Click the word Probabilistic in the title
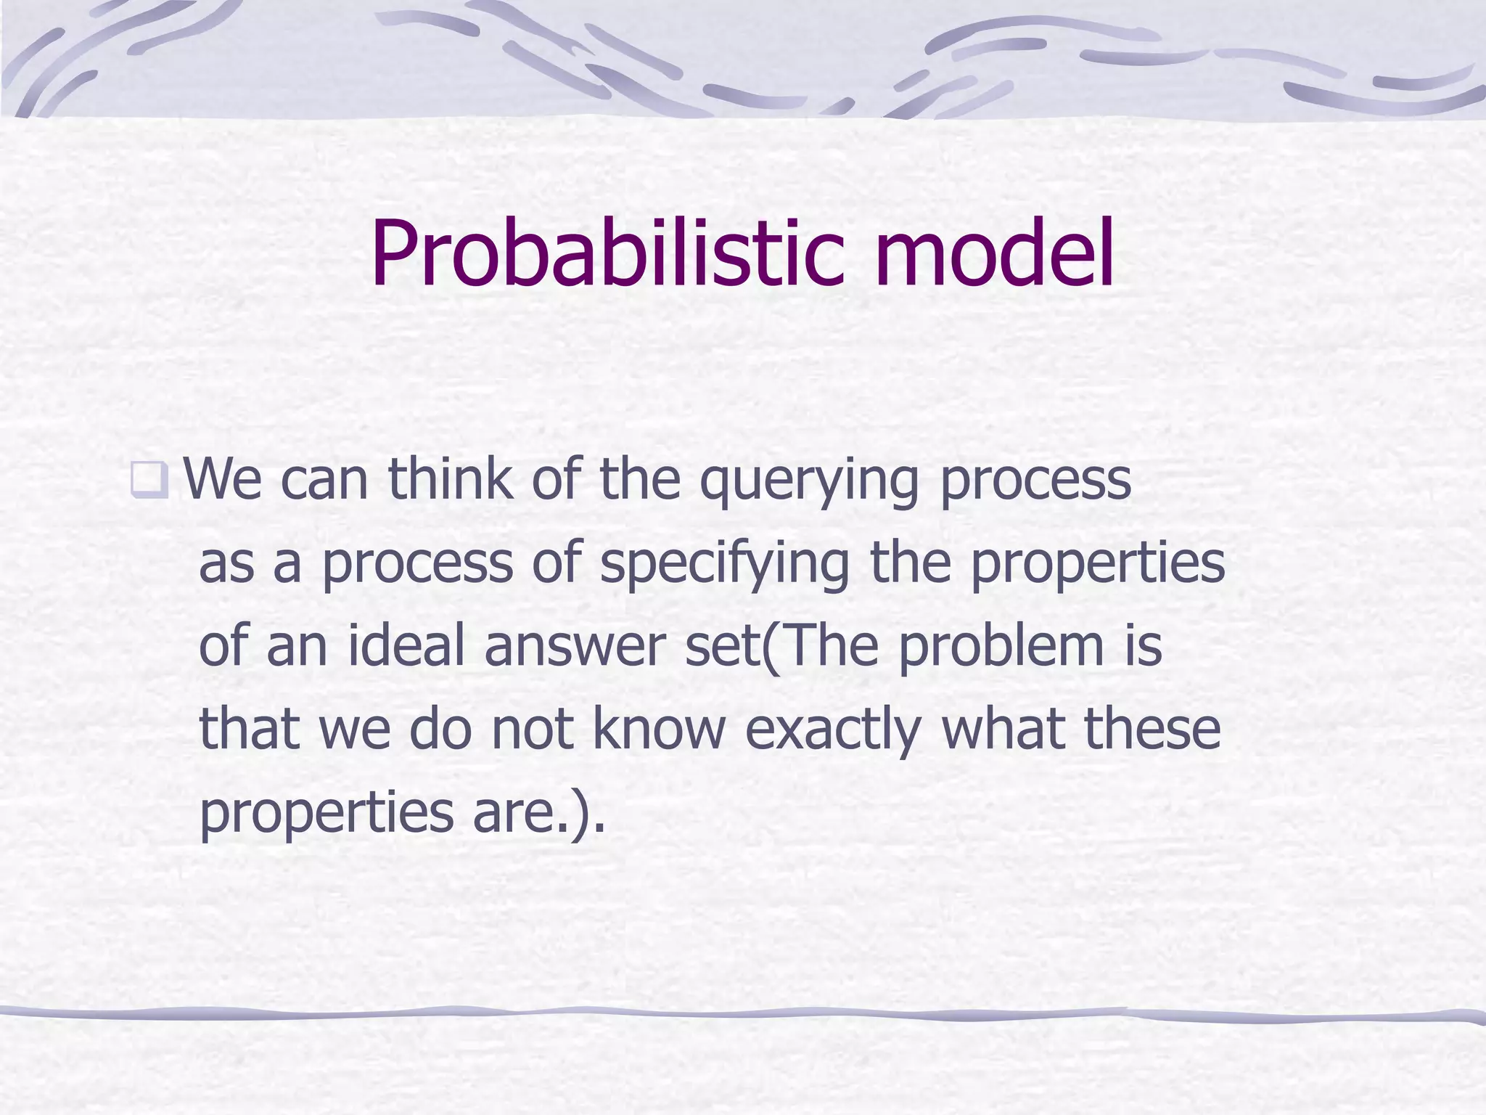pyautogui.click(x=607, y=254)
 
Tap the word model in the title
pyautogui.click(x=993, y=254)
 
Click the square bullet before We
pyautogui.click(x=149, y=480)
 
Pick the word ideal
pyautogui.click(x=406, y=645)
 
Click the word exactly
pyautogui.click(x=833, y=730)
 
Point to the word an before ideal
pyautogui.click(x=297, y=647)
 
